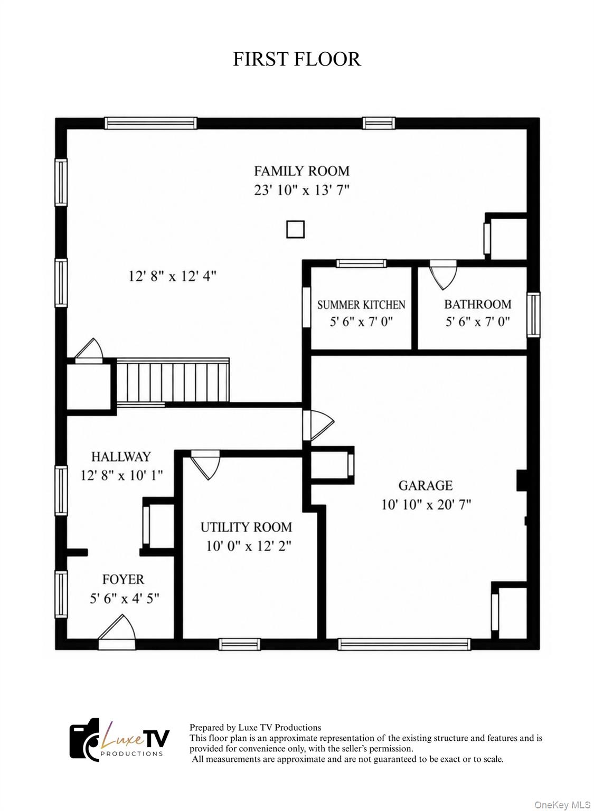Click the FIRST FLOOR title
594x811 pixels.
point(297,59)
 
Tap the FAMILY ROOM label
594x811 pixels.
point(301,171)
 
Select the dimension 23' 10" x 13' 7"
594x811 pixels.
point(301,190)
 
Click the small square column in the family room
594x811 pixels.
point(295,229)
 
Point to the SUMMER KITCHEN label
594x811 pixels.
point(361,305)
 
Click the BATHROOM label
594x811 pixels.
point(478,304)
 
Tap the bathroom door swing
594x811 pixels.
point(443,275)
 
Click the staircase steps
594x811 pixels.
point(173,382)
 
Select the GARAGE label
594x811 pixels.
point(426,485)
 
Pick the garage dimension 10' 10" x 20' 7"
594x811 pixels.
point(427,504)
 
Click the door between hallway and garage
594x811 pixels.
point(318,426)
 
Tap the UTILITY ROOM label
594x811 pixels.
point(246,527)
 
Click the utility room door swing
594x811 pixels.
point(205,465)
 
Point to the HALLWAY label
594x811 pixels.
point(121,457)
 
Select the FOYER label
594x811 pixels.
point(123,579)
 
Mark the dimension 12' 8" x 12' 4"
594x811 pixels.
point(172,277)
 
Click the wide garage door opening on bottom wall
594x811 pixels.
point(404,644)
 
